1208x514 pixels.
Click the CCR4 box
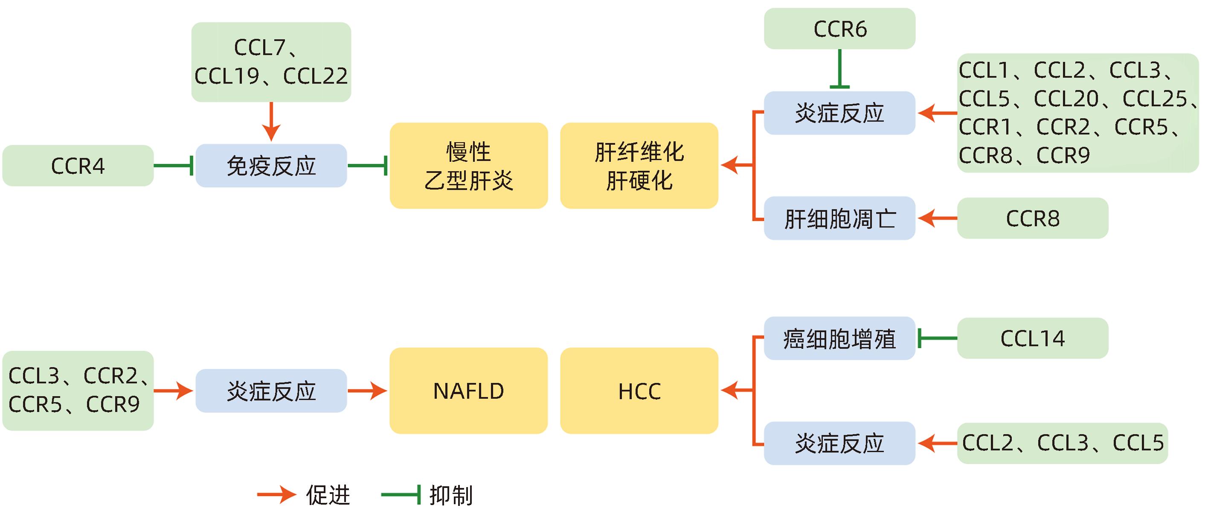click(x=78, y=166)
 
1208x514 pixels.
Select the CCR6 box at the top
click(x=839, y=29)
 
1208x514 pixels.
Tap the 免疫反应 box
click(x=271, y=166)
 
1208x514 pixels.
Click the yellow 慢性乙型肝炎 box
click(x=468, y=166)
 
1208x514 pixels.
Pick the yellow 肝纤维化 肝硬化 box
click(x=639, y=166)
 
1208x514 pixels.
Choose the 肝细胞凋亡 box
click(x=839, y=218)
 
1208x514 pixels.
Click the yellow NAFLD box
click(x=468, y=391)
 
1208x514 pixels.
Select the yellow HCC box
click(x=639, y=391)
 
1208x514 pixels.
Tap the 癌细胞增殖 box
click(x=839, y=339)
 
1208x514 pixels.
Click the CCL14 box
click(x=1033, y=339)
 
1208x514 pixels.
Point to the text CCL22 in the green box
click(x=316, y=76)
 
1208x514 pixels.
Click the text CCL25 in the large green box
click(x=1155, y=99)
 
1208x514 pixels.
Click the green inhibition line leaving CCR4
click(x=173, y=166)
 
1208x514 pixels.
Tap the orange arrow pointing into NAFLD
click(x=367, y=391)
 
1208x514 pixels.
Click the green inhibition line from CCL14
click(x=937, y=339)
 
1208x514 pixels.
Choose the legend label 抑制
click(x=451, y=495)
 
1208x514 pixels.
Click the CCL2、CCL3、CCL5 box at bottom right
click(x=1062, y=443)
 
